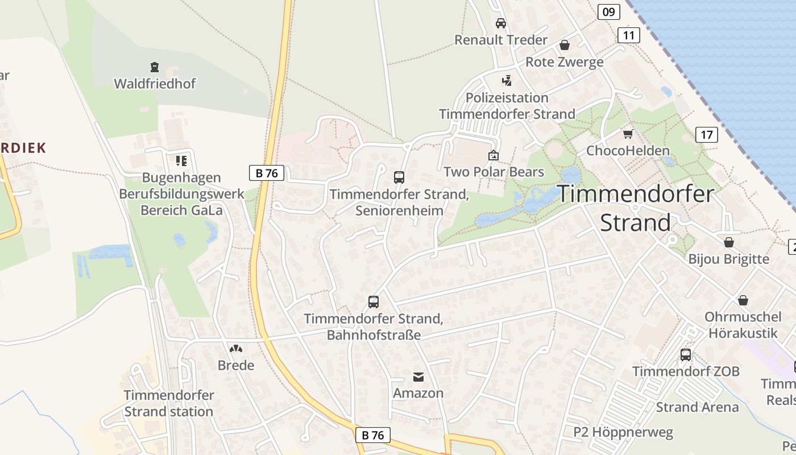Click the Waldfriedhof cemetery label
[155, 84]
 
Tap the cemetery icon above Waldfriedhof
[154, 67]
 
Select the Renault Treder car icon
[501, 23]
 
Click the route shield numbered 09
[608, 11]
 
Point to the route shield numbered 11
[628, 35]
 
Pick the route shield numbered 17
[706, 135]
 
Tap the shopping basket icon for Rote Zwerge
[565, 45]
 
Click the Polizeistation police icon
[507, 81]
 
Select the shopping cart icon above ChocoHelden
[628, 134]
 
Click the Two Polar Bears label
[494, 172]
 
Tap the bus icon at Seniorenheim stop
[399, 177]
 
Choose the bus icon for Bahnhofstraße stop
[374, 302]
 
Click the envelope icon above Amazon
[418, 377]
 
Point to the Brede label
[236, 365]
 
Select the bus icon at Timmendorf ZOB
[686, 355]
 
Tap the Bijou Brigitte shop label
[728, 259]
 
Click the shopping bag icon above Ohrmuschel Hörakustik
[743, 300]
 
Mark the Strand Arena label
[697, 407]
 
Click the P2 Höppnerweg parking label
[623, 432]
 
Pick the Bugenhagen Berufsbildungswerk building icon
[181, 161]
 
